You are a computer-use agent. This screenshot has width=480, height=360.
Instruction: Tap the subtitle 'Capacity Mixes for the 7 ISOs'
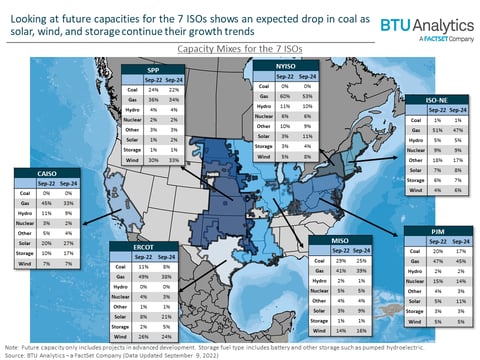pos(239,48)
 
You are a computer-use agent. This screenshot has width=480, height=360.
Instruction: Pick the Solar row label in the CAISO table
pos(18,242)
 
